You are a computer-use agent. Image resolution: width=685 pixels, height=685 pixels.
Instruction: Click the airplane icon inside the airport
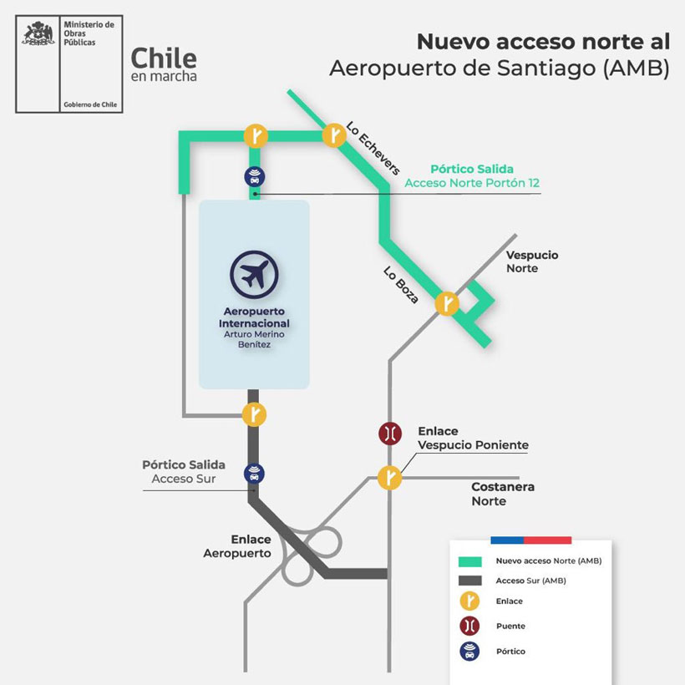[254, 274]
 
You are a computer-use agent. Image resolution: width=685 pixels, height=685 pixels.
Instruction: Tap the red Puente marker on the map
[390, 434]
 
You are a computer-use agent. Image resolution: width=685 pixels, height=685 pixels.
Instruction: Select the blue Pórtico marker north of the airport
[255, 176]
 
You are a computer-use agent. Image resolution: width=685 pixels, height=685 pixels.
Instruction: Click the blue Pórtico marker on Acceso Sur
[254, 474]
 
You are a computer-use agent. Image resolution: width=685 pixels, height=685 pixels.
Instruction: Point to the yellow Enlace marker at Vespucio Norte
[448, 303]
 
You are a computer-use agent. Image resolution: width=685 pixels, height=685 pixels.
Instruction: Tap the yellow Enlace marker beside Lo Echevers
[334, 134]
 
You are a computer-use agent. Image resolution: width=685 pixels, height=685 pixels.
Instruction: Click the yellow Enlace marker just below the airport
[254, 414]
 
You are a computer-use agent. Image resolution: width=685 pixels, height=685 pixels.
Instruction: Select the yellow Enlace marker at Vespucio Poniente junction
[390, 477]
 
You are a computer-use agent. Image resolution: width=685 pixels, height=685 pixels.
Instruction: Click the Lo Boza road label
[401, 284]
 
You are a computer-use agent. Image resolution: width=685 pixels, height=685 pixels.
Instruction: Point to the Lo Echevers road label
[373, 148]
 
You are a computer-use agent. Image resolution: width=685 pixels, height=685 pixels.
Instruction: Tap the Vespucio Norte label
[532, 261]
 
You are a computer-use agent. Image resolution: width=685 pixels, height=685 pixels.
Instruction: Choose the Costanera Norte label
[502, 494]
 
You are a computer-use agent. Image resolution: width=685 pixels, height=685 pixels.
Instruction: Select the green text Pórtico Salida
[472, 169]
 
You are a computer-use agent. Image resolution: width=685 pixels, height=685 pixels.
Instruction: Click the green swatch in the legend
[470, 561]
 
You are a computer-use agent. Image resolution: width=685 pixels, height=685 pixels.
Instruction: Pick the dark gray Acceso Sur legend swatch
[470, 581]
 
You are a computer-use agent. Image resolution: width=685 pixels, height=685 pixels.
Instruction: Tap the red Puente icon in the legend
[470, 626]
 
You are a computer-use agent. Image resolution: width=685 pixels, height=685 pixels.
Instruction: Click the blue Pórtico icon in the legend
[470, 651]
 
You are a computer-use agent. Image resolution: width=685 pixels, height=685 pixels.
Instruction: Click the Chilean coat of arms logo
[37, 35]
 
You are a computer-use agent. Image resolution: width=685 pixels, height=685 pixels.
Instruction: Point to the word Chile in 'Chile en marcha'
[164, 58]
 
